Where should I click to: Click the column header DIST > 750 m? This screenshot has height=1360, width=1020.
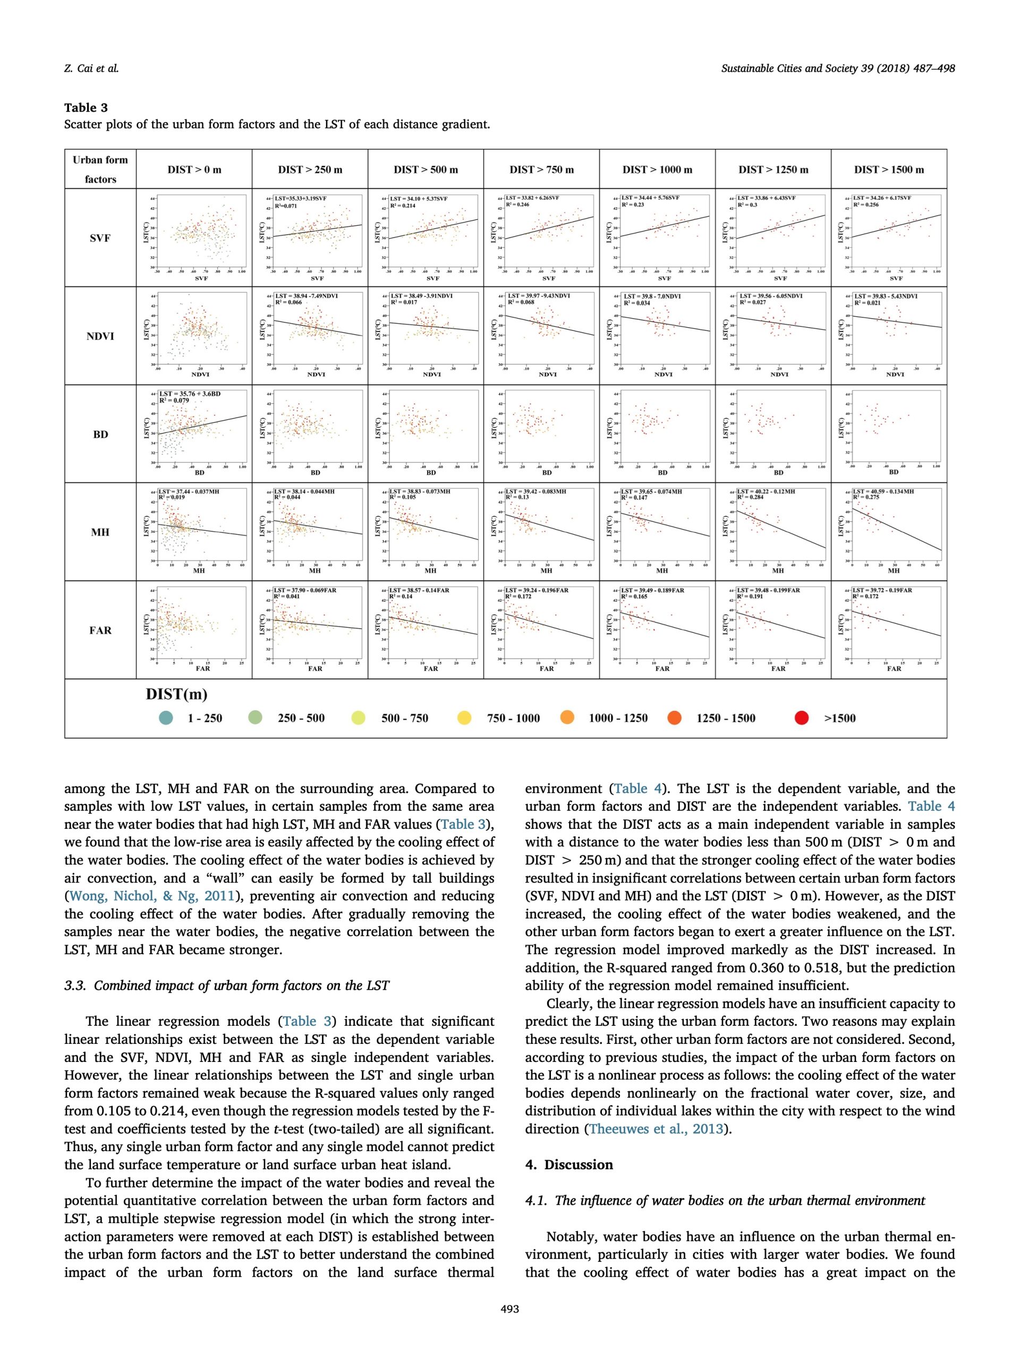(x=541, y=169)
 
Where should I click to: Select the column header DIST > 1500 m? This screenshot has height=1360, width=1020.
(x=888, y=169)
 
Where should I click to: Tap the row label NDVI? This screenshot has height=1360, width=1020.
(x=100, y=336)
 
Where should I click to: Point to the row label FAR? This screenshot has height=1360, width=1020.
(x=100, y=630)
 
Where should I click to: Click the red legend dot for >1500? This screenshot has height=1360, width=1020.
(x=802, y=718)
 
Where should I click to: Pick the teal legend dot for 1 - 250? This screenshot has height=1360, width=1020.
(x=166, y=718)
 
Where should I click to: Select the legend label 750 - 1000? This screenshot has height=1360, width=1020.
(x=513, y=718)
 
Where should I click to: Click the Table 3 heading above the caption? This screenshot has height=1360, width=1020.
(x=86, y=108)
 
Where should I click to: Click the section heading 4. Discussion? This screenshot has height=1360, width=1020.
(x=569, y=1164)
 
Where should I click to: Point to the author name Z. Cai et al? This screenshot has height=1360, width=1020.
(x=91, y=68)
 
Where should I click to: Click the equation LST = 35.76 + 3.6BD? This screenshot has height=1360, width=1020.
(x=189, y=394)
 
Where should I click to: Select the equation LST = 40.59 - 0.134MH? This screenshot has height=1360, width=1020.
(x=883, y=492)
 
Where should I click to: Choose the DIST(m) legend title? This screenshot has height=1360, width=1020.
(x=176, y=694)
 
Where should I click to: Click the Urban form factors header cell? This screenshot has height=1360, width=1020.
(x=100, y=169)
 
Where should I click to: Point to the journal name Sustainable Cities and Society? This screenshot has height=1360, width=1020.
(x=797, y=68)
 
